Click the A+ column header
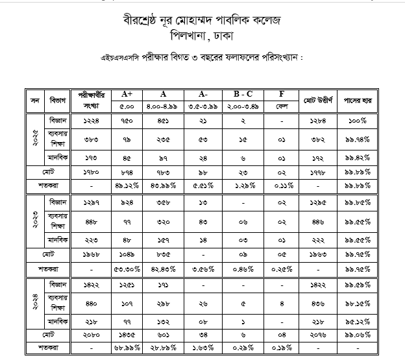click(127, 94)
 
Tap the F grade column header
click(282, 94)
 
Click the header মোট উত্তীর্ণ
click(318, 101)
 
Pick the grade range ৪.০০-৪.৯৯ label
click(164, 106)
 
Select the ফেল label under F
click(282, 106)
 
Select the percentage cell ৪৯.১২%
click(127, 186)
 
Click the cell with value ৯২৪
click(127, 202)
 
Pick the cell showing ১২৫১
click(127, 284)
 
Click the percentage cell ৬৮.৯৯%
click(127, 349)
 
